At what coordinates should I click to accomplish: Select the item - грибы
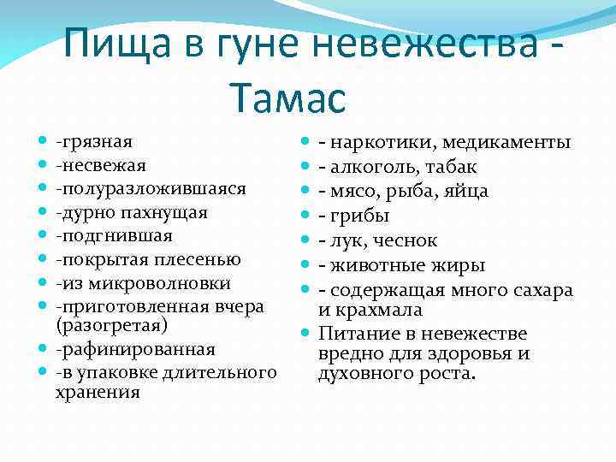354,214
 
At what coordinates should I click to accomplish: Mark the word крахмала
374,309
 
